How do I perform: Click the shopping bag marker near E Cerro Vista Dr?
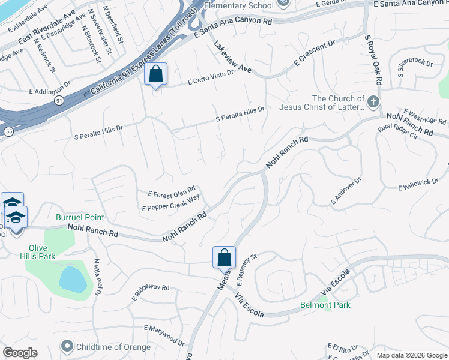pos(155,75)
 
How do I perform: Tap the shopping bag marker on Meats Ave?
pos(224,258)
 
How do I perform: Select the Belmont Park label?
pos(325,305)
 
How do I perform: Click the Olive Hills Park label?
pos(42,252)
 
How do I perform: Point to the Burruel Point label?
pos(80,217)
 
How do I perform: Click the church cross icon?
pos(373,101)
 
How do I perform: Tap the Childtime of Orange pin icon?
pos(67,346)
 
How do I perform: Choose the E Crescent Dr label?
pos(313,54)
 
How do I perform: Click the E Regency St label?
pos(247,268)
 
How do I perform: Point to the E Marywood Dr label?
pos(164,335)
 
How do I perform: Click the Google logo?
pos(20,352)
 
